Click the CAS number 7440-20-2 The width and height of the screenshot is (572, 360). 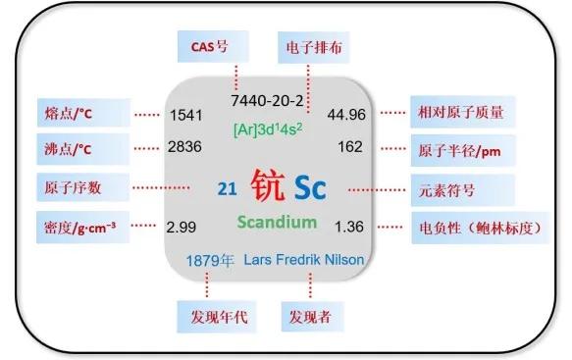tap(267, 100)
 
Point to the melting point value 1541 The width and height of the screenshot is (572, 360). tap(185, 115)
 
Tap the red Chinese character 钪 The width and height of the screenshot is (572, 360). tap(268, 185)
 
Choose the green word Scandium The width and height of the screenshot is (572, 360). tap(277, 222)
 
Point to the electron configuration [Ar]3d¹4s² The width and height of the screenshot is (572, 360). tap(268, 129)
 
